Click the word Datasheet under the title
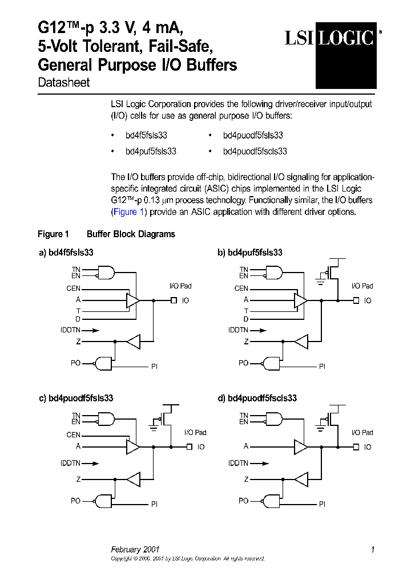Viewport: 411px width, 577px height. pos(63,83)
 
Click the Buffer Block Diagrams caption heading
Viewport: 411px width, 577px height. pos(131,234)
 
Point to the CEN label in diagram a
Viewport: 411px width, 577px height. pos(73,288)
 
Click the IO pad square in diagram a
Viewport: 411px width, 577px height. pos(174,300)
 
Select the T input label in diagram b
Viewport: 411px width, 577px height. pos(246,311)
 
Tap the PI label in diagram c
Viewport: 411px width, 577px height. pos(154,504)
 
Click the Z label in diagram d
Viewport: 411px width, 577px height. pos(246,480)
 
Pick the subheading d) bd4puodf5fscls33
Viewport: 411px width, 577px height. pos(257,399)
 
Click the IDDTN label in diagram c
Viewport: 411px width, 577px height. pos(70,464)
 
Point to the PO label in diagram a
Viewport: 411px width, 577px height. pos(75,363)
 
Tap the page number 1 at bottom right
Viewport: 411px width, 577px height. pos(372,550)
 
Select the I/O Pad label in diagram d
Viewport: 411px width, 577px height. pos(362,433)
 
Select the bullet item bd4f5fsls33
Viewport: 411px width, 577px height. pos(146,136)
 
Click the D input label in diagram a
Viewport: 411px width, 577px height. pos(78,319)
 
